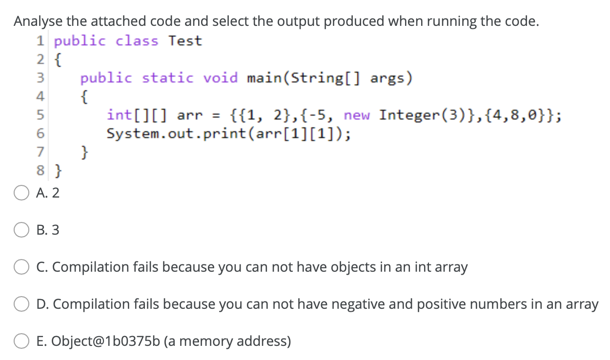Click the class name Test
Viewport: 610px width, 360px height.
[185, 41]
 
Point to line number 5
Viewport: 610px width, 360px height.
[41, 116]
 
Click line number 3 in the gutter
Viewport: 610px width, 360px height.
[41, 78]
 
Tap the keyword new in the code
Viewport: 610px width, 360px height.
[357, 116]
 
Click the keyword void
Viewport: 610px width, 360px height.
[221, 78]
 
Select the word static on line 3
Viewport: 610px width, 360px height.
[167, 78]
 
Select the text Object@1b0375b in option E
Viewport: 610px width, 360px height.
[98, 341]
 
